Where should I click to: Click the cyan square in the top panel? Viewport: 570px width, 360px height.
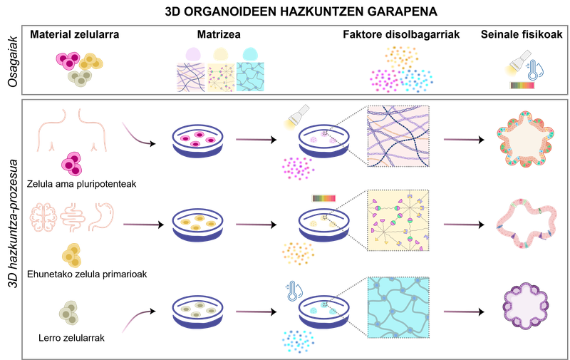click(250, 76)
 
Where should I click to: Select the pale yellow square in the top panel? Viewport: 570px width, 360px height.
click(220, 76)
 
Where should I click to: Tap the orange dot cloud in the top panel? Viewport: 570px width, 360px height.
click(401, 56)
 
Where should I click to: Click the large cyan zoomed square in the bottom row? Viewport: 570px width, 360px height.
click(398, 307)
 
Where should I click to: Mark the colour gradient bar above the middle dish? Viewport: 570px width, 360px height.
click(323, 197)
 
